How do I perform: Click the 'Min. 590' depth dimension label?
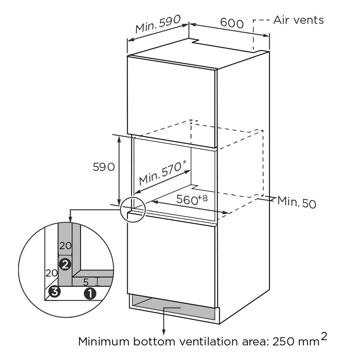click(x=157, y=24)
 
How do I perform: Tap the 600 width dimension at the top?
click(x=231, y=23)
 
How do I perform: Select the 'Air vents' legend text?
click(x=298, y=20)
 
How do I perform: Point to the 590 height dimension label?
click(x=104, y=167)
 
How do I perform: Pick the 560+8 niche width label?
click(x=192, y=199)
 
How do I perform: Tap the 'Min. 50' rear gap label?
click(x=297, y=202)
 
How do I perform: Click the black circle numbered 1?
click(x=90, y=293)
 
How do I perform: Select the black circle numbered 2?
click(x=65, y=265)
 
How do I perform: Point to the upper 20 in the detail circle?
click(x=65, y=246)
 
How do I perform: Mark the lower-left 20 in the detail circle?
click(x=51, y=273)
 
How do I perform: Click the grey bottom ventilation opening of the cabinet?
click(x=173, y=307)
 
